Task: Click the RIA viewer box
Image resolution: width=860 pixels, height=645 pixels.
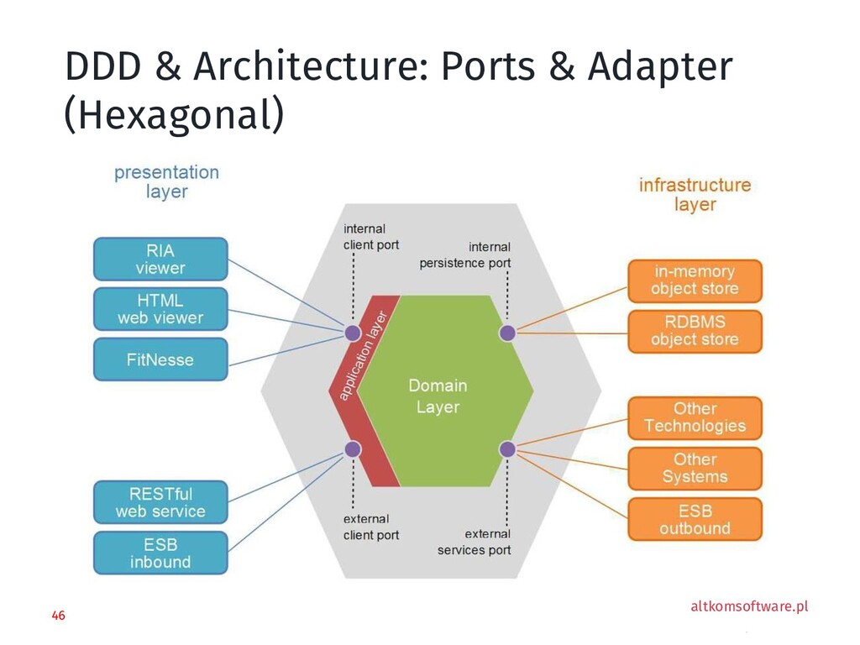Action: coord(160,259)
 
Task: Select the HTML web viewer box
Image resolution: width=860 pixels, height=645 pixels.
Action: coord(160,309)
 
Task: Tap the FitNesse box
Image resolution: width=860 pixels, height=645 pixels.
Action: coord(160,359)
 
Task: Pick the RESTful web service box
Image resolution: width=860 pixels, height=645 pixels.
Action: coord(160,502)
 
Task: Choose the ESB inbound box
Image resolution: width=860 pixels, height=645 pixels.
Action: coord(160,553)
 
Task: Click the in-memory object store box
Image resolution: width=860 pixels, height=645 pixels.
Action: coord(695,281)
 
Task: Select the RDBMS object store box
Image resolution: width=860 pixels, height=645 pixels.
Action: coord(695,331)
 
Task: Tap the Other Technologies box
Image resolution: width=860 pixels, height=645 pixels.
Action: coord(695,417)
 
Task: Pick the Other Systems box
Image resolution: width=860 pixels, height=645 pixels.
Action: coord(695,468)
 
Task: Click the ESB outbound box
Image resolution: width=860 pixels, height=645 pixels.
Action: coord(695,520)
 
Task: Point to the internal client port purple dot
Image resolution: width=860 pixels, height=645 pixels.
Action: coord(353,333)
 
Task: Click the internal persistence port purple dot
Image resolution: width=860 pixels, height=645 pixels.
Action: coord(507,333)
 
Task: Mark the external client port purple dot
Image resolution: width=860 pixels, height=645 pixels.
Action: coord(353,448)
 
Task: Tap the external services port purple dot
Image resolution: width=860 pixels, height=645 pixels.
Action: coord(507,448)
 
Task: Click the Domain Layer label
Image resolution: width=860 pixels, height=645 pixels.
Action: coord(438,396)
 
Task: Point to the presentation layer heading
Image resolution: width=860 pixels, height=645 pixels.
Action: coord(166,181)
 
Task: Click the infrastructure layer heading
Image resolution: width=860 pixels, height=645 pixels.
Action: coord(695,194)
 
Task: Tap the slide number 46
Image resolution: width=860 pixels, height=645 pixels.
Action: coord(58,616)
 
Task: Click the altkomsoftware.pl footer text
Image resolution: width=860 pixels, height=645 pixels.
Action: coord(748,606)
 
